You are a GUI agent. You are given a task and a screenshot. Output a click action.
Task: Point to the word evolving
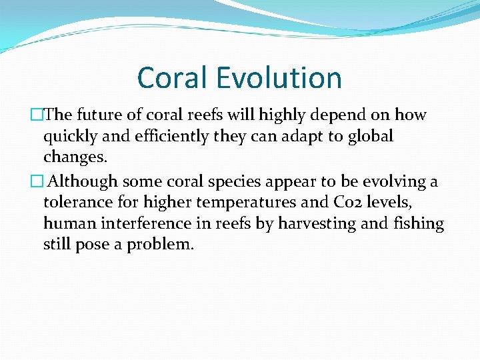pyautogui.click(x=387, y=181)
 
